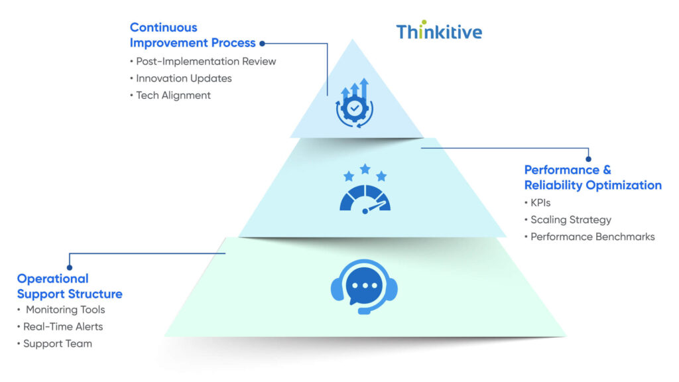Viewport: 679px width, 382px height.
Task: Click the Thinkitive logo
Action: pyautogui.click(x=439, y=31)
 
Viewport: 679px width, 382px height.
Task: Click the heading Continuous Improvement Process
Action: pyautogui.click(x=192, y=35)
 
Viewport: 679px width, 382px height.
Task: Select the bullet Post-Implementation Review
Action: pyautogui.click(x=206, y=61)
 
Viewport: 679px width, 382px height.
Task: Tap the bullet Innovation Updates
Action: pyautogui.click(x=184, y=78)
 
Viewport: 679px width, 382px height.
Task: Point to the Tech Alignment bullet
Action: pyautogui.click(x=173, y=95)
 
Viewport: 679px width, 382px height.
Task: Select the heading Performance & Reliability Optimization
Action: pyautogui.click(x=592, y=178)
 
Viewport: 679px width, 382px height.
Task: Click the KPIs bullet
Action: pyautogui.click(x=540, y=203)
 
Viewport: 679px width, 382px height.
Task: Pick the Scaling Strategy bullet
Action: pyautogui.click(x=571, y=220)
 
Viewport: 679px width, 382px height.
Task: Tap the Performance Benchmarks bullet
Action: pyautogui.click(x=592, y=237)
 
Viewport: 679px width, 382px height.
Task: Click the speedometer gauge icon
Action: pyautogui.click(x=365, y=198)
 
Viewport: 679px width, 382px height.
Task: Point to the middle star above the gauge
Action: pyautogui.click(x=365, y=169)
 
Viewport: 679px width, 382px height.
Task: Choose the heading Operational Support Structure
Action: pyautogui.click(x=70, y=286)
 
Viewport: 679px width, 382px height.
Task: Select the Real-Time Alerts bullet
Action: pyautogui.click(x=63, y=326)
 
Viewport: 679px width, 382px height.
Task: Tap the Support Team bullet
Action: pyautogui.click(x=57, y=344)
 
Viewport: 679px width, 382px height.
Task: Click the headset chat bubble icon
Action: pyautogui.click(x=364, y=286)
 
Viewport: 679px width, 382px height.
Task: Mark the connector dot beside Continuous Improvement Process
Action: pyautogui.click(x=262, y=44)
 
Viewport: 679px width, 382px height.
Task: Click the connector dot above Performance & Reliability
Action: pyautogui.click(x=588, y=159)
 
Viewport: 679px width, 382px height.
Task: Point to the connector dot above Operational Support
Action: pyautogui.click(x=70, y=267)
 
